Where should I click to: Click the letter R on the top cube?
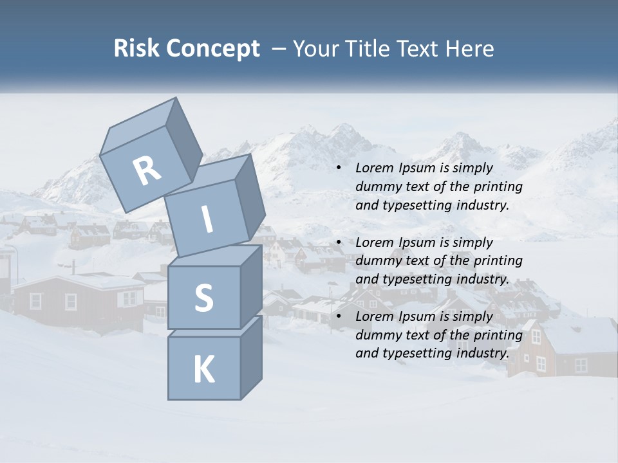coord(147,170)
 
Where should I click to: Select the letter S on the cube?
coord(203,298)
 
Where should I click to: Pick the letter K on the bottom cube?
coord(203,370)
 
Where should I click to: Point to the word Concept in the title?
coord(212,49)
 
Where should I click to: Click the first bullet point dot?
coord(339,168)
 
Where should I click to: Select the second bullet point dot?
coord(339,243)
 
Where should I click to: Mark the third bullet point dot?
coord(339,317)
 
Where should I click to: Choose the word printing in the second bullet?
coord(497,261)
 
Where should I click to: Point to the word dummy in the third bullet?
coord(376,335)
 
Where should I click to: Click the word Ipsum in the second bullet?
coord(417,243)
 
